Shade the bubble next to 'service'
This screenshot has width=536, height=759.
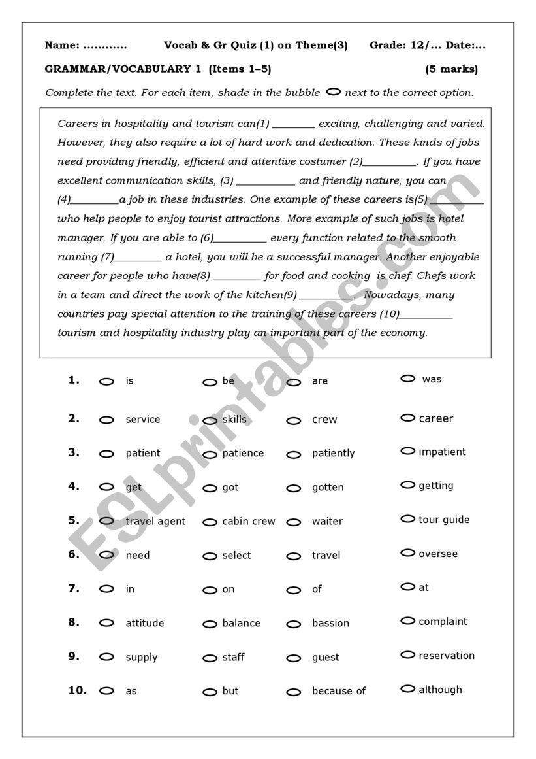[106, 420]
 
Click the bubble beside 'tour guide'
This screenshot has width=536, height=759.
[408, 519]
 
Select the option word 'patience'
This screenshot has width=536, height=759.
[243, 453]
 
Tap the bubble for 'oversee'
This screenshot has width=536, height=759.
[408, 553]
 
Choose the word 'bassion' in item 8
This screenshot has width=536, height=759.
[330, 623]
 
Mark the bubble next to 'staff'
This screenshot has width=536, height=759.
[210, 658]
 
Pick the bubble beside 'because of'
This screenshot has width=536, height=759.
[294, 692]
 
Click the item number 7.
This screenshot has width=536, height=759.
[74, 588]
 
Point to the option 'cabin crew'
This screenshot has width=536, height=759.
[249, 521]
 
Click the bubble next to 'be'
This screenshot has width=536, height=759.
[210, 382]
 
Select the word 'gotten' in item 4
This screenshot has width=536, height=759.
[328, 487]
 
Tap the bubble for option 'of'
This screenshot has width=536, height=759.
[294, 590]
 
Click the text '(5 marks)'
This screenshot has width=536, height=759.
[451, 69]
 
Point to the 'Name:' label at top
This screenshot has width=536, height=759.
[61, 45]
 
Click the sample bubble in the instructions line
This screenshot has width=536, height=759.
[333, 92]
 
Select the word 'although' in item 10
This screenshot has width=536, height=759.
[440, 689]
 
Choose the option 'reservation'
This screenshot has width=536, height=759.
[447, 655]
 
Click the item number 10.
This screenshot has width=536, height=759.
[77, 690]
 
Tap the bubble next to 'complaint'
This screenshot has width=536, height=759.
[408, 621]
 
